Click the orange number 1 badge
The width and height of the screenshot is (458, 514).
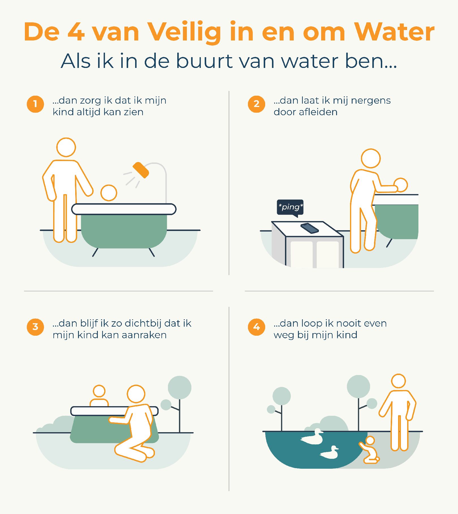(x=35, y=104)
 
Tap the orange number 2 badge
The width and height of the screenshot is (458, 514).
(x=256, y=104)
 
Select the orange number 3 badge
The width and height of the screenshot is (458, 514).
(x=35, y=327)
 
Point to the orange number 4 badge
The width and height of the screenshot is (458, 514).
(x=256, y=327)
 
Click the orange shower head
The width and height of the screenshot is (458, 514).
(x=141, y=170)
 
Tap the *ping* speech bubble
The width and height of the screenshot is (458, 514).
(x=290, y=208)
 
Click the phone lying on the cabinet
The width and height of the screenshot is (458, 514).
(x=310, y=228)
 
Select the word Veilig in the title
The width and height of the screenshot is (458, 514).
(x=185, y=32)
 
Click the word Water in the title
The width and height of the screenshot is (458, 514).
(x=394, y=32)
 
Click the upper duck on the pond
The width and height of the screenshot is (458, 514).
(x=312, y=437)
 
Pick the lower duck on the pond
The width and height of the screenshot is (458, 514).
(x=329, y=453)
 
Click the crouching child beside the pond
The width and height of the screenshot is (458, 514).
(x=369, y=450)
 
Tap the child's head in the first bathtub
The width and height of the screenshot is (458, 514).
(x=109, y=193)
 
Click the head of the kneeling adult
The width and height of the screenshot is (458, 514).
(x=136, y=394)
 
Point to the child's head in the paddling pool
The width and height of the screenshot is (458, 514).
(x=99, y=391)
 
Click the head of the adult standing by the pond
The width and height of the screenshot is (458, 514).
(x=398, y=381)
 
